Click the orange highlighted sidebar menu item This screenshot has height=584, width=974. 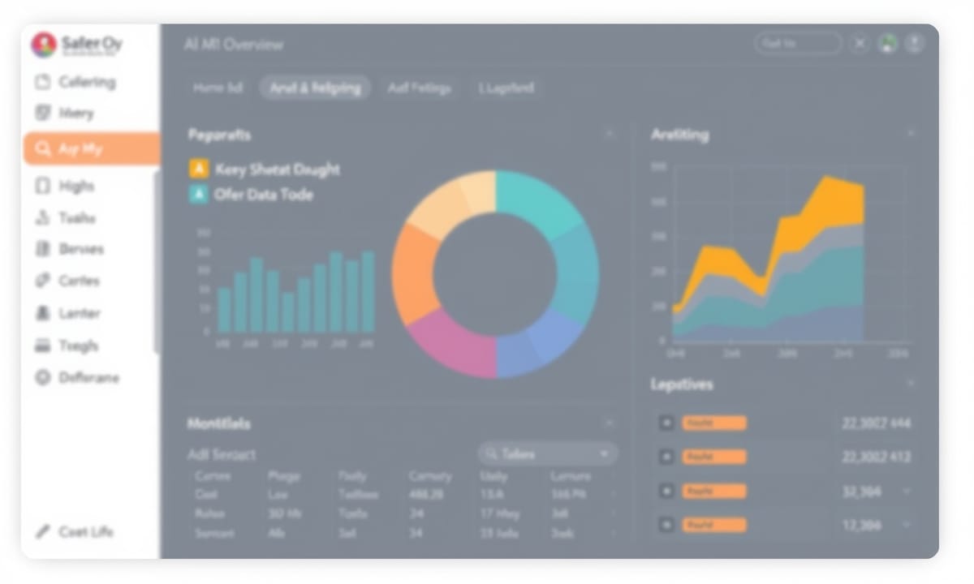91,149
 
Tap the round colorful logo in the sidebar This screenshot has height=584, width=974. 44,45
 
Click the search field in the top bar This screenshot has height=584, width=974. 798,44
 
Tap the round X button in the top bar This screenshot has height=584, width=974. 860,44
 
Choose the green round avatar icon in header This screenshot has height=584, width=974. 888,44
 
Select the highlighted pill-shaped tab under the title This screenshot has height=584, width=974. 315,88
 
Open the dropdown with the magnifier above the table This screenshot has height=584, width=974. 548,454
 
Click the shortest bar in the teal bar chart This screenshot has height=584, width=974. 288,311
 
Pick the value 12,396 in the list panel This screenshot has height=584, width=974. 862,526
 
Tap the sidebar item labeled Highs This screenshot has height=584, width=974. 76,187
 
